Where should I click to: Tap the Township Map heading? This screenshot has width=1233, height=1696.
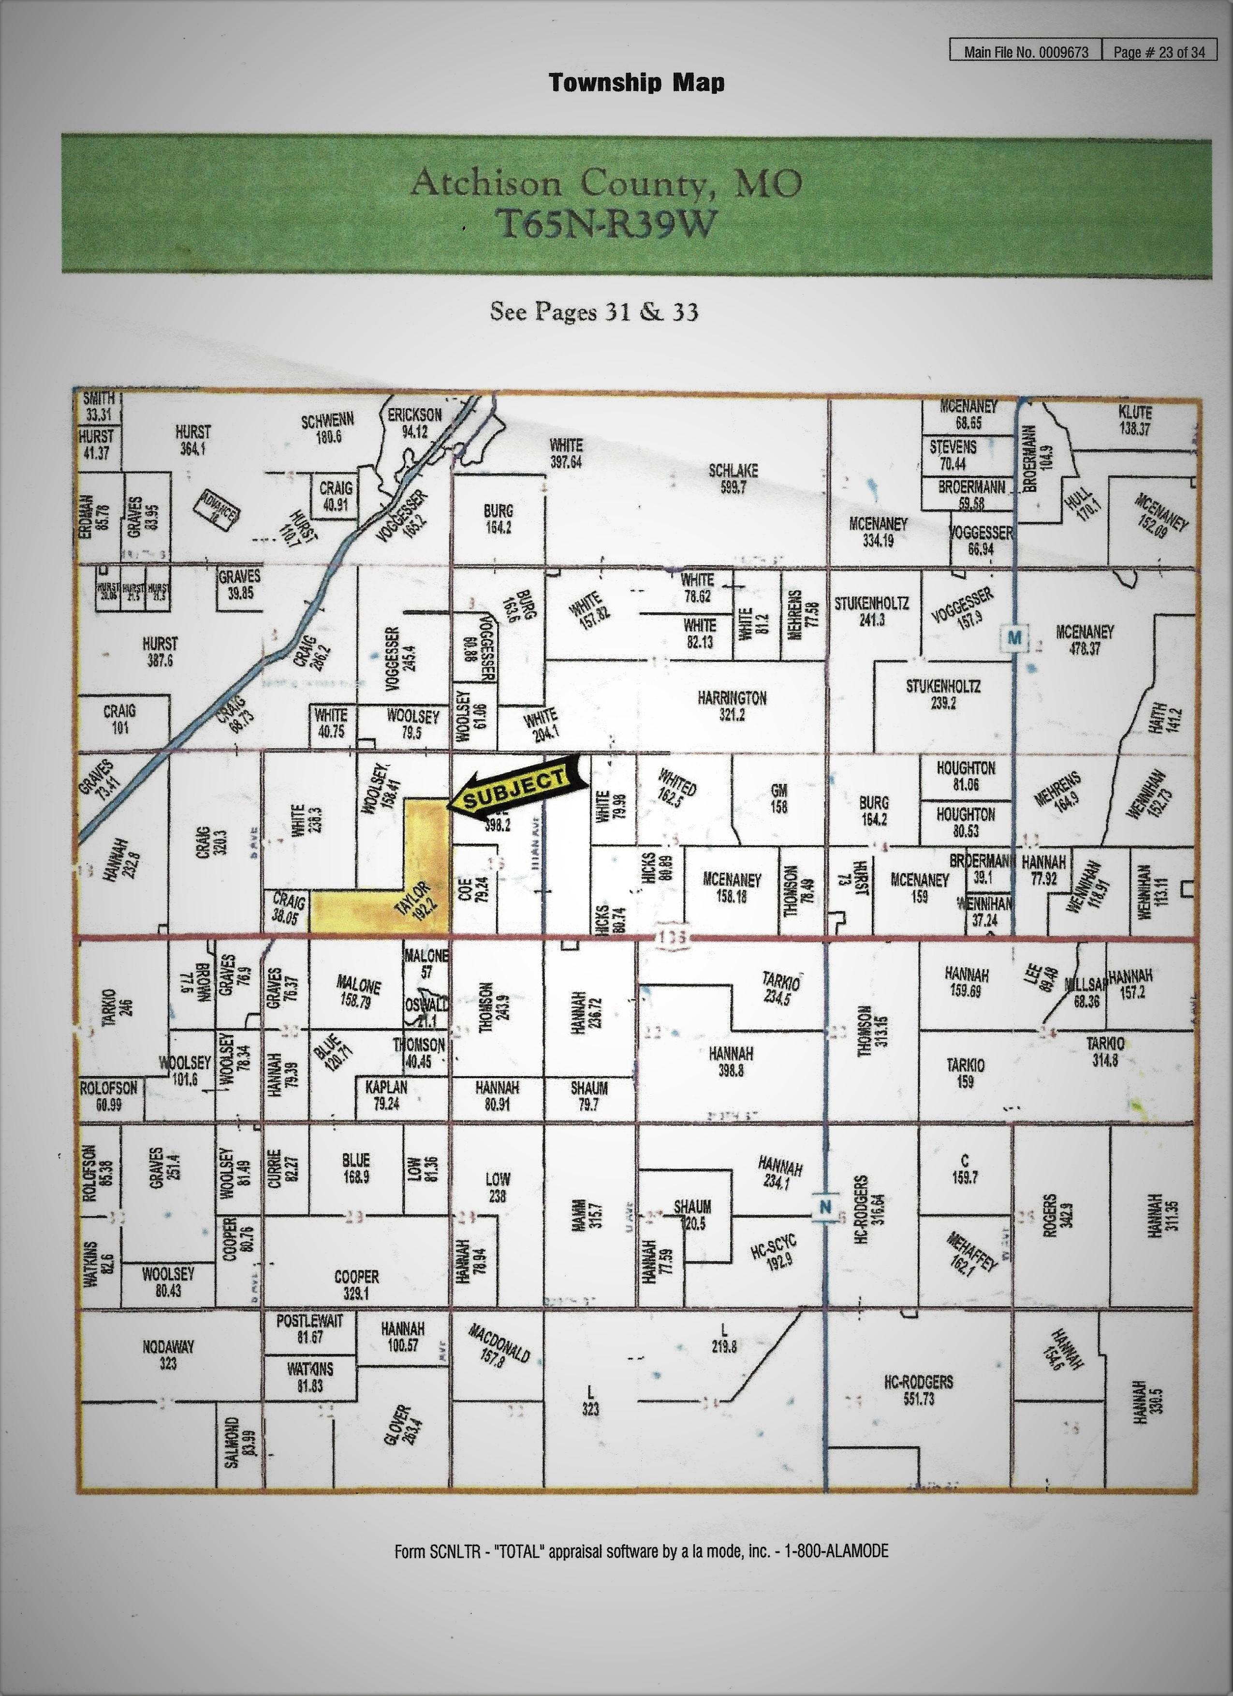[x=636, y=82]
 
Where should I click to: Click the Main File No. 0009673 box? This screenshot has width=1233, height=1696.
[x=1025, y=52]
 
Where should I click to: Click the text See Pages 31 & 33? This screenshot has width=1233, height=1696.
[x=594, y=311]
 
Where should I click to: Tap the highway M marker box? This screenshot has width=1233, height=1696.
[x=1014, y=637]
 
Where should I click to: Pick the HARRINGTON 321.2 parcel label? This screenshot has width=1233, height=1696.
[x=732, y=706]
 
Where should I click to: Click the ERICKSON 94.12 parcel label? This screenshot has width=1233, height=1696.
[x=414, y=423]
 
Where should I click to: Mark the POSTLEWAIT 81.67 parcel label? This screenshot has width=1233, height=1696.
[x=309, y=1329]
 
